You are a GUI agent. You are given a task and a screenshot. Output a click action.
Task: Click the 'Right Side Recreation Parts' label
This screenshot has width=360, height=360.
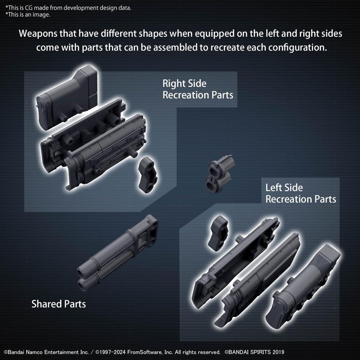pyautogui.click(x=198, y=89)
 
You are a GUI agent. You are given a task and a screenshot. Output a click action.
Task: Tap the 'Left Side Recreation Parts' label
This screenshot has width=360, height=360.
pyautogui.click(x=301, y=193)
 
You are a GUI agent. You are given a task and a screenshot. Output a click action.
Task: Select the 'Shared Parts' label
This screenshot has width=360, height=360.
pyautogui.click(x=59, y=304)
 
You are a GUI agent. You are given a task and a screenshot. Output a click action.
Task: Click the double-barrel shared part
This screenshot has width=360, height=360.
pyautogui.click(x=118, y=251)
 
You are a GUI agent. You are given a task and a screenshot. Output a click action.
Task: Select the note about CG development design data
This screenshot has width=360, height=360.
pyautogui.click(x=68, y=8)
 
